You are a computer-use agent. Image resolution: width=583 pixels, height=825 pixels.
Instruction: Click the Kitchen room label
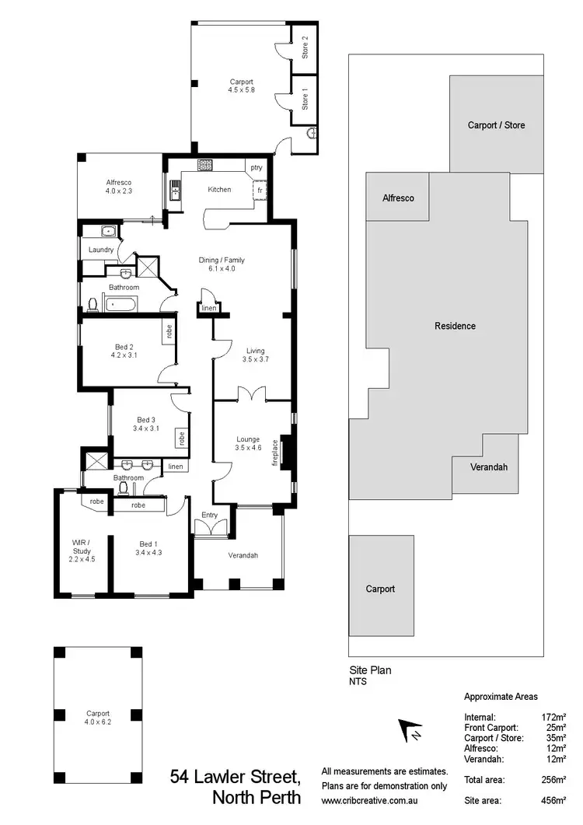tap(219, 190)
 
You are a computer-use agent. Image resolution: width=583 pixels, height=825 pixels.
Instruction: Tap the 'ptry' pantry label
tap(256, 168)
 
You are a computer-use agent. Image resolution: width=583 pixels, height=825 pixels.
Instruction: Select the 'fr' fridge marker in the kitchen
tap(258, 189)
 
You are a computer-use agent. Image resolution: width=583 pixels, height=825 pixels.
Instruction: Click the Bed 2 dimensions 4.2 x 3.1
tap(124, 355)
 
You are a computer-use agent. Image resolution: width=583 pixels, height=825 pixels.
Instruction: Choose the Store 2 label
tap(305, 48)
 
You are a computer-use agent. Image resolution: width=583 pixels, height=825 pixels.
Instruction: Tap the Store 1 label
tap(305, 99)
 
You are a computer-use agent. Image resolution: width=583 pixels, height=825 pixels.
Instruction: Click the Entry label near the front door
tap(210, 516)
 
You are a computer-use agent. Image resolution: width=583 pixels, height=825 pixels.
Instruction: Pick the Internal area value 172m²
tap(553, 717)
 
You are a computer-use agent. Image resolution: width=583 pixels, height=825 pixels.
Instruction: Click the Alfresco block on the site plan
tap(398, 198)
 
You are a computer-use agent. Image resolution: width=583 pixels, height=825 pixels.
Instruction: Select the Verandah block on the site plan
tap(489, 467)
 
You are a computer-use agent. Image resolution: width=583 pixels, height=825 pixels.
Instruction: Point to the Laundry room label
tap(101, 250)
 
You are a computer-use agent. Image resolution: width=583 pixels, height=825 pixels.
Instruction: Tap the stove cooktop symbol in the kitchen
tap(205, 165)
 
